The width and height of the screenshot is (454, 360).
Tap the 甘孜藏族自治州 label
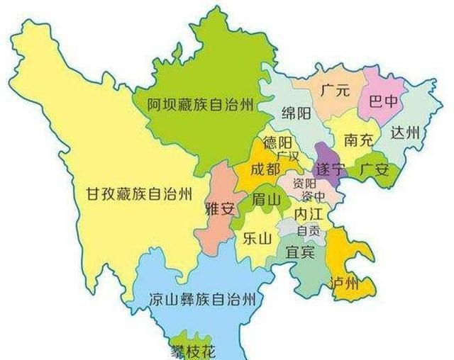click(x=138, y=192)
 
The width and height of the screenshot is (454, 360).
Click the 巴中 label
click(x=384, y=101)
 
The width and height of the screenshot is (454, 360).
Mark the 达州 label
click(x=406, y=133)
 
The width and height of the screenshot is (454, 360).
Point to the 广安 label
click(x=373, y=169)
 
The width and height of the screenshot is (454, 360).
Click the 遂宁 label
click(x=330, y=170)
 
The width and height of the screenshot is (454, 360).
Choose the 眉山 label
click(x=266, y=200)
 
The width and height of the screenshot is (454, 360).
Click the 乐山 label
click(x=257, y=238)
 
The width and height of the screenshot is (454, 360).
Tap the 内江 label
click(x=309, y=213)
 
